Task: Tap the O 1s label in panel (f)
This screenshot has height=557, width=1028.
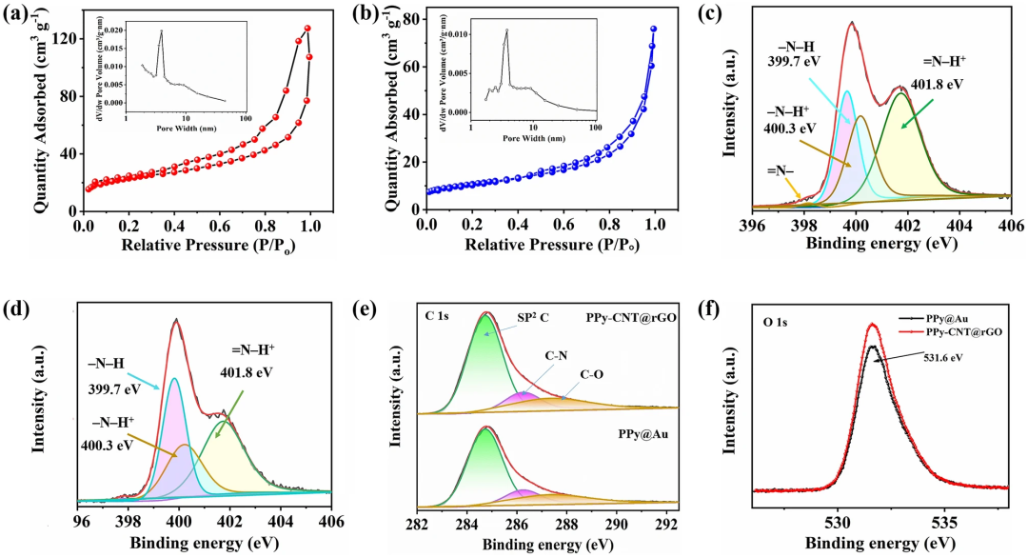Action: coord(773,325)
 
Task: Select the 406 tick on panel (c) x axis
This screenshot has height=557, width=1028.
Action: coord(1009,227)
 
